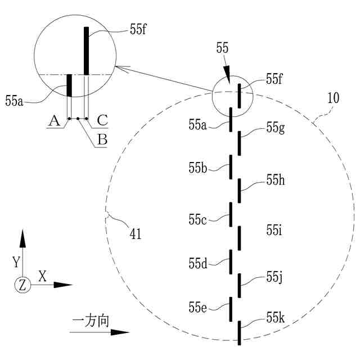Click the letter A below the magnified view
(x=55, y=120)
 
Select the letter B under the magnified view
(x=102, y=140)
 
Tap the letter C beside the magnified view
(x=102, y=120)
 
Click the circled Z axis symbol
(x=22, y=285)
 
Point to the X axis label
(x=43, y=276)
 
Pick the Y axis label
(x=16, y=262)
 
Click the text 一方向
(x=91, y=321)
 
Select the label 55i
(x=274, y=229)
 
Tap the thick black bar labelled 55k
(x=240, y=333)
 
